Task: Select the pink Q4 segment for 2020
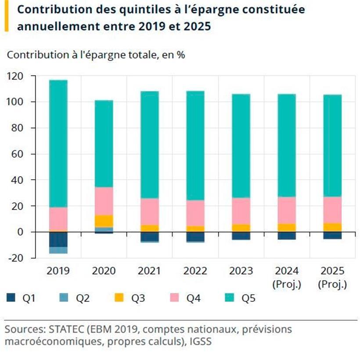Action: tap(104, 201)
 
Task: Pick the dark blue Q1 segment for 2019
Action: tap(58, 239)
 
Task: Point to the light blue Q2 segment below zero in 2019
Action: tap(58, 250)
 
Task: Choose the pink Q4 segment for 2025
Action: tap(332, 210)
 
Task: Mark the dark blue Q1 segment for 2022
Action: tap(195, 236)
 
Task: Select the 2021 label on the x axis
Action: tap(150, 271)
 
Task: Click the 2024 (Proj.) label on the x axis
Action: tap(287, 277)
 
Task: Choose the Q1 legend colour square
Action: tap(11, 298)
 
